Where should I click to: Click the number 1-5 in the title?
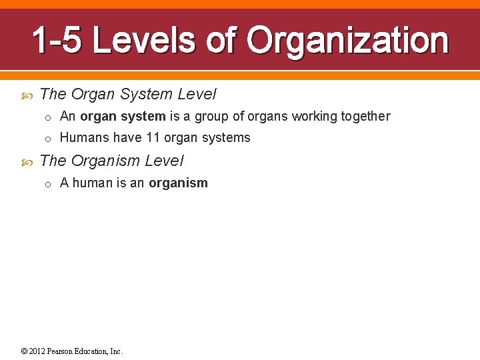pyautogui.click(x=57, y=41)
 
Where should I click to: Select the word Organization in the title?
pyautogui.click(x=347, y=41)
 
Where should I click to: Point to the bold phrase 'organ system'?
pyautogui.click(x=123, y=117)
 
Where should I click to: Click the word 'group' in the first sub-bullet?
pyautogui.click(x=211, y=117)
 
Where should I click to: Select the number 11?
pyautogui.click(x=153, y=138)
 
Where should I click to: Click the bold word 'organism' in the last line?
pyautogui.click(x=178, y=183)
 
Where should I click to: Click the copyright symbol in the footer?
pyautogui.click(x=24, y=351)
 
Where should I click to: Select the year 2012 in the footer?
pyautogui.click(x=37, y=351)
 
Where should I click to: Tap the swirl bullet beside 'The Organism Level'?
pyautogui.click(x=27, y=161)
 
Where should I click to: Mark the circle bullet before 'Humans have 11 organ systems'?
pyautogui.click(x=48, y=139)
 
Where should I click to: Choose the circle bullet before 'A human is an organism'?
pyautogui.click(x=48, y=184)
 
